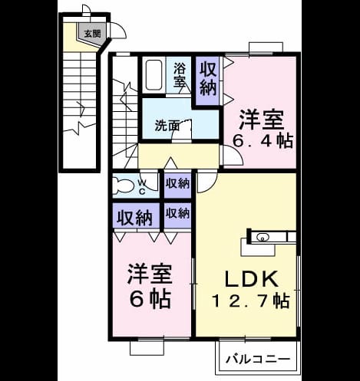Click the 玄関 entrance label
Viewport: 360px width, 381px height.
[x=93, y=34]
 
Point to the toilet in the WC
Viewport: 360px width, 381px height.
[x=122, y=185]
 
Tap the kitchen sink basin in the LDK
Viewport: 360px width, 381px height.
[x=263, y=237]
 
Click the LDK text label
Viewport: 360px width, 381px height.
[x=252, y=279]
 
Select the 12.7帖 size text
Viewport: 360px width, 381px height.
[x=251, y=301]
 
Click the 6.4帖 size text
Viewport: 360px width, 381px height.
[x=263, y=140]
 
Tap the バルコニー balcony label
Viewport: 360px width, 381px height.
[x=258, y=360]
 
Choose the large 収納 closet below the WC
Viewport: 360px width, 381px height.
[x=135, y=216]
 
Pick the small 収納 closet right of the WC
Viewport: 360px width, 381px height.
[x=177, y=184]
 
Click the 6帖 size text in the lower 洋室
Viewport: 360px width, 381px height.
[x=150, y=299]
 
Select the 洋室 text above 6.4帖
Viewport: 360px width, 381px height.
[x=262, y=120]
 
